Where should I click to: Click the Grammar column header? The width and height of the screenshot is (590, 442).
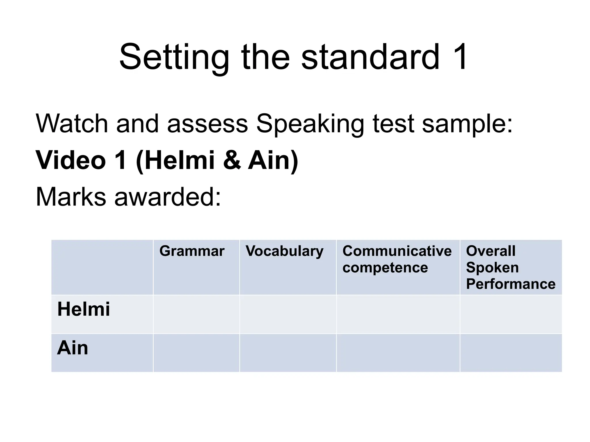pos(192,251)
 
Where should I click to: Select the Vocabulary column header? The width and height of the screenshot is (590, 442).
pos(284,252)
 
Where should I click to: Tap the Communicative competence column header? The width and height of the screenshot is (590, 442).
pos(397,259)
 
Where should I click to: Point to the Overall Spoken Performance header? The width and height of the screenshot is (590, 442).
pos(510,267)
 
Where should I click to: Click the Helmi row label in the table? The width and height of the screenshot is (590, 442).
pos(84,309)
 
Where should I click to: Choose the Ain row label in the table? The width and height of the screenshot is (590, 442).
pos(73,348)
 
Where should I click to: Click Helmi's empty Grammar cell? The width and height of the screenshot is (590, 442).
pos(196,314)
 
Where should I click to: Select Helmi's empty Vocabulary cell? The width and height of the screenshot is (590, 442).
pos(288,314)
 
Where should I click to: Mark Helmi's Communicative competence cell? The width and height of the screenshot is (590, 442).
pos(398,314)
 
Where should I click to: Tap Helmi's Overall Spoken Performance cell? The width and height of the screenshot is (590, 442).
pos(511,314)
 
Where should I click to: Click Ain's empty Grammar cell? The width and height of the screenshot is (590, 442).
pos(196,353)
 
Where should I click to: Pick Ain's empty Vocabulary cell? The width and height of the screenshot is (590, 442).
pos(288,353)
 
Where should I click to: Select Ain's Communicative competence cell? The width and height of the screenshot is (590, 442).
pos(398,353)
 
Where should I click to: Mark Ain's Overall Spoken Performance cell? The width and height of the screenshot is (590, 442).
pos(511,353)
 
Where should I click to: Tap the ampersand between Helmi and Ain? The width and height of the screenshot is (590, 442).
pos(232,160)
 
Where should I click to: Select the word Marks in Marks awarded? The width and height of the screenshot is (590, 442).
pos(71,197)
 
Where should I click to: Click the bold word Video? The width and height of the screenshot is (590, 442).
pos(71,160)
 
